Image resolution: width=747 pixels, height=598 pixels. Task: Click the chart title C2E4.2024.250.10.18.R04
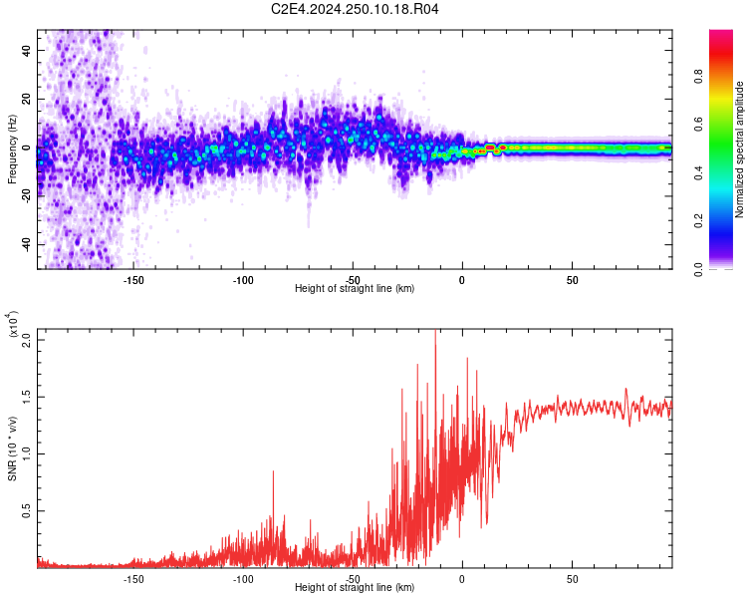click(356, 10)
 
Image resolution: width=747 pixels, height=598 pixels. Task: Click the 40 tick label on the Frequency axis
click(26, 49)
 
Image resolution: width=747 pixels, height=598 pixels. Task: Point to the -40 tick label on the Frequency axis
click(24, 244)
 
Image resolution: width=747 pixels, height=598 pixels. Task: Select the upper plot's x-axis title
click(355, 288)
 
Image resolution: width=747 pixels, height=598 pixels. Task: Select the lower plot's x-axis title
click(355, 587)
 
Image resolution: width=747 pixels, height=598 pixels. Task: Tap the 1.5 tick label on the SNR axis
click(26, 397)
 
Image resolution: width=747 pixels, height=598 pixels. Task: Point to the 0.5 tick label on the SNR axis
click(26, 511)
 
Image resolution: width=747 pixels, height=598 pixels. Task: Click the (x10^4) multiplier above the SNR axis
click(13, 326)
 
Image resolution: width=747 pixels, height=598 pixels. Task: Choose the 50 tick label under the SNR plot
click(572, 578)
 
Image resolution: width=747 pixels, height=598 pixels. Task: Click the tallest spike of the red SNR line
click(434, 333)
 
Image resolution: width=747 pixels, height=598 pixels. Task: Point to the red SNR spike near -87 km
click(273, 472)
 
